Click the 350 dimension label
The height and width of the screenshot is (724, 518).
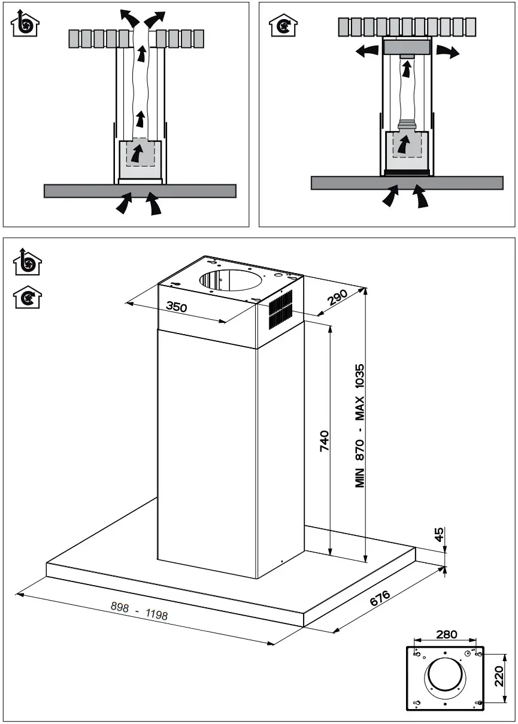(x=177, y=307)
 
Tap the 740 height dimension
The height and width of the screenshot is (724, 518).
(x=324, y=441)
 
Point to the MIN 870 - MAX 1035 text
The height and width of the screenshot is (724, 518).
(x=360, y=426)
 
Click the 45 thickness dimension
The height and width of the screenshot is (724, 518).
(x=440, y=535)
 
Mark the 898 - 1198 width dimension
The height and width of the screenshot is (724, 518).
(x=139, y=610)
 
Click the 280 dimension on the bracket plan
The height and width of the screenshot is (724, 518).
(x=446, y=634)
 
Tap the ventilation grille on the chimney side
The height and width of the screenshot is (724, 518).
(x=280, y=310)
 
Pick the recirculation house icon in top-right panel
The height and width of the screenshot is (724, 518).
(x=281, y=23)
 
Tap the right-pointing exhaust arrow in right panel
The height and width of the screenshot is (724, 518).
(x=447, y=52)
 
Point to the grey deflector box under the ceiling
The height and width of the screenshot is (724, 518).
(x=407, y=46)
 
